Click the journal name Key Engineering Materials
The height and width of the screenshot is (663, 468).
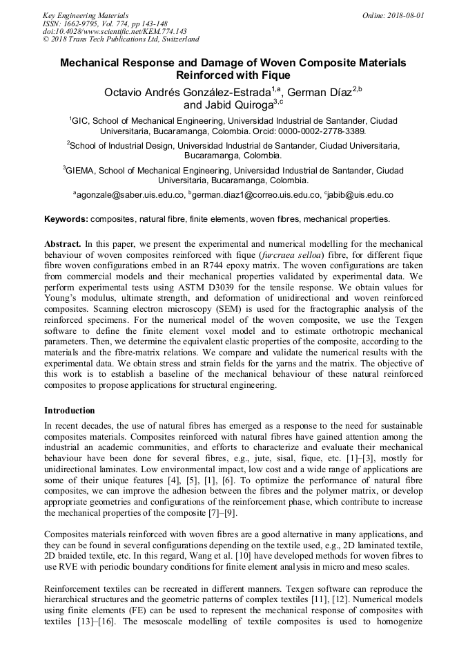85,15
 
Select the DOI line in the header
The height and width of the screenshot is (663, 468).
115,31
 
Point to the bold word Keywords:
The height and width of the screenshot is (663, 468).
66,219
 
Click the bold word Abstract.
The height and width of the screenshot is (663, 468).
62,244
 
